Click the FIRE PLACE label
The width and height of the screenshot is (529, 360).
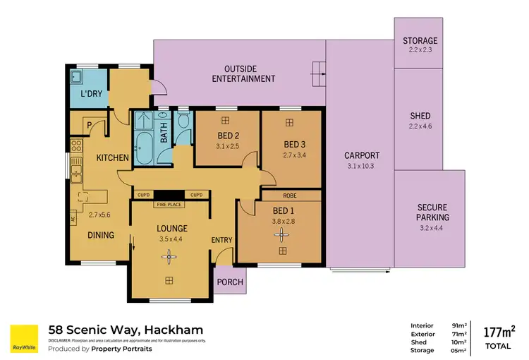170,205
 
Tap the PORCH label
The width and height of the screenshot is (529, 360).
230,282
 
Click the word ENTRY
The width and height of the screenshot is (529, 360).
221,241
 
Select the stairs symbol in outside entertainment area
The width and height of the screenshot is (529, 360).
318,69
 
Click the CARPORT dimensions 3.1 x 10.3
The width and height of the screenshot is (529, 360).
362,166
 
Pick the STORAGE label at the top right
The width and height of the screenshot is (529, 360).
420,41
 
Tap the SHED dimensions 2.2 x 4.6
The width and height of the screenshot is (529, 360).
420,126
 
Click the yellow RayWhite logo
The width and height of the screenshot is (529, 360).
24,338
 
